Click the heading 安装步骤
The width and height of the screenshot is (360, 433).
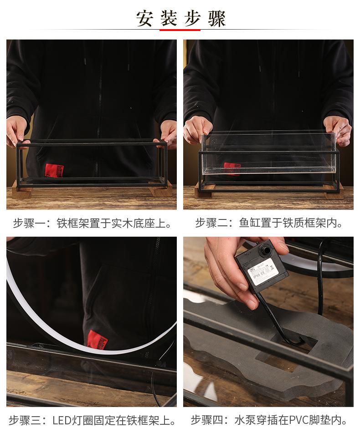tap(180, 18)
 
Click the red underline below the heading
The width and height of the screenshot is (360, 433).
tap(180, 30)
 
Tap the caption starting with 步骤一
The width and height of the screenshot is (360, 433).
tap(92, 224)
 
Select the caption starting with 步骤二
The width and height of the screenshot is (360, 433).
tap(269, 224)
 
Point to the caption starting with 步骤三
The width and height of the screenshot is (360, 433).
tap(93, 420)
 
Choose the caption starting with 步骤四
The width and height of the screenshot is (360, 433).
tap(269, 420)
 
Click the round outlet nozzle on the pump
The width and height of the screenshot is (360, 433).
tap(263, 250)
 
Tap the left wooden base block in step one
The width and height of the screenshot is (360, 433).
tap(22, 190)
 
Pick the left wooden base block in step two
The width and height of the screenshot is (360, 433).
tap(203, 191)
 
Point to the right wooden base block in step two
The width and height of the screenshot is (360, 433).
tap(334, 191)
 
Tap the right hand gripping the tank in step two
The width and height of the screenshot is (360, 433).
tap(338, 128)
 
